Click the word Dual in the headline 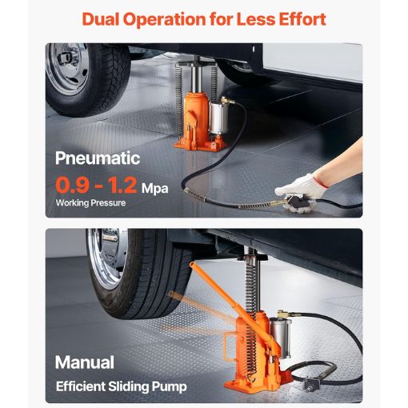point(103,18)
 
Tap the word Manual point(85,362)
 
